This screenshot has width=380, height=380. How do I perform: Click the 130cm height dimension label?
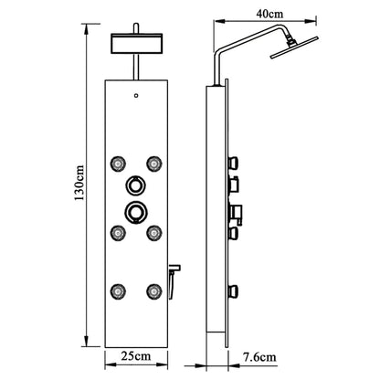(x=80, y=191)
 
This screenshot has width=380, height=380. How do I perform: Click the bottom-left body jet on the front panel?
(x=118, y=291)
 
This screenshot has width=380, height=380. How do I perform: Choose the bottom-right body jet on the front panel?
(x=153, y=291)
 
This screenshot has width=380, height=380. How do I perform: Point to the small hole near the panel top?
(x=135, y=96)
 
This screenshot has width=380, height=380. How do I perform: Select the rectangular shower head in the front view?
(x=134, y=44)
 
